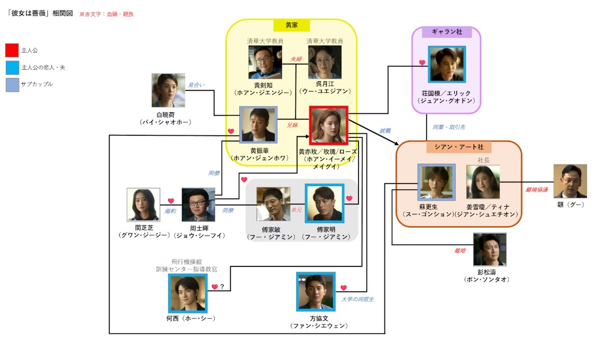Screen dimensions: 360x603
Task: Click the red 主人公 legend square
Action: pos(12,50)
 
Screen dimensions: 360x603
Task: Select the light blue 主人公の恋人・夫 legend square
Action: pos(12,67)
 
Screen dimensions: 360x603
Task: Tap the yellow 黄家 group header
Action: pos(291,25)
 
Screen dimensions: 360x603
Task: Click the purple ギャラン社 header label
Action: pos(446,32)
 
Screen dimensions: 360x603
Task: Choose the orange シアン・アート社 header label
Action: pos(459,147)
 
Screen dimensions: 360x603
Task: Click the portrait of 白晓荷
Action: pos(168,90)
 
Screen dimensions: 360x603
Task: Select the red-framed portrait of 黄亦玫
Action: pos(328,125)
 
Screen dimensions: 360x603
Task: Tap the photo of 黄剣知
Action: pos(265,62)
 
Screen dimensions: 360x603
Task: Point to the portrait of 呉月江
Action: pos(325,62)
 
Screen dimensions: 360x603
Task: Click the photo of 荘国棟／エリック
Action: pos(446,64)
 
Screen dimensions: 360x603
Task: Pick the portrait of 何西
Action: pos(187,293)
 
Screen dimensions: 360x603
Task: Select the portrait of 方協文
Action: pos(315,292)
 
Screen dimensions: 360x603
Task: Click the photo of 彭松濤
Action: pos(489,250)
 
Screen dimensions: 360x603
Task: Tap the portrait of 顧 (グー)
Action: pos(570,181)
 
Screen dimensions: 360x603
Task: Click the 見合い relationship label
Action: pos(195,85)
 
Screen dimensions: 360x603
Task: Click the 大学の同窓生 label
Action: pos(358,299)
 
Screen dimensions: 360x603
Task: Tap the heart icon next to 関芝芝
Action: pos(170,201)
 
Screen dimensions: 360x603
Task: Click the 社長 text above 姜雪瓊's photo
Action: pos(484,160)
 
